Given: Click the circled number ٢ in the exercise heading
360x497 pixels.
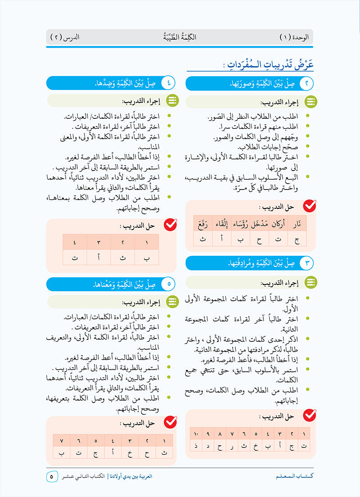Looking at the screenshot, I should [306, 84].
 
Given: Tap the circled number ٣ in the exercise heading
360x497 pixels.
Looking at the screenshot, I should [306, 263].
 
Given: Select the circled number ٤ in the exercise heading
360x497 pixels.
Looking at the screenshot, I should [168, 84].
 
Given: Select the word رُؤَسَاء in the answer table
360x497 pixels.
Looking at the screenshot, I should [240, 224].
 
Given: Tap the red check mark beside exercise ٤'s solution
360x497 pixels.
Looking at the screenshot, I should [170, 224].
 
